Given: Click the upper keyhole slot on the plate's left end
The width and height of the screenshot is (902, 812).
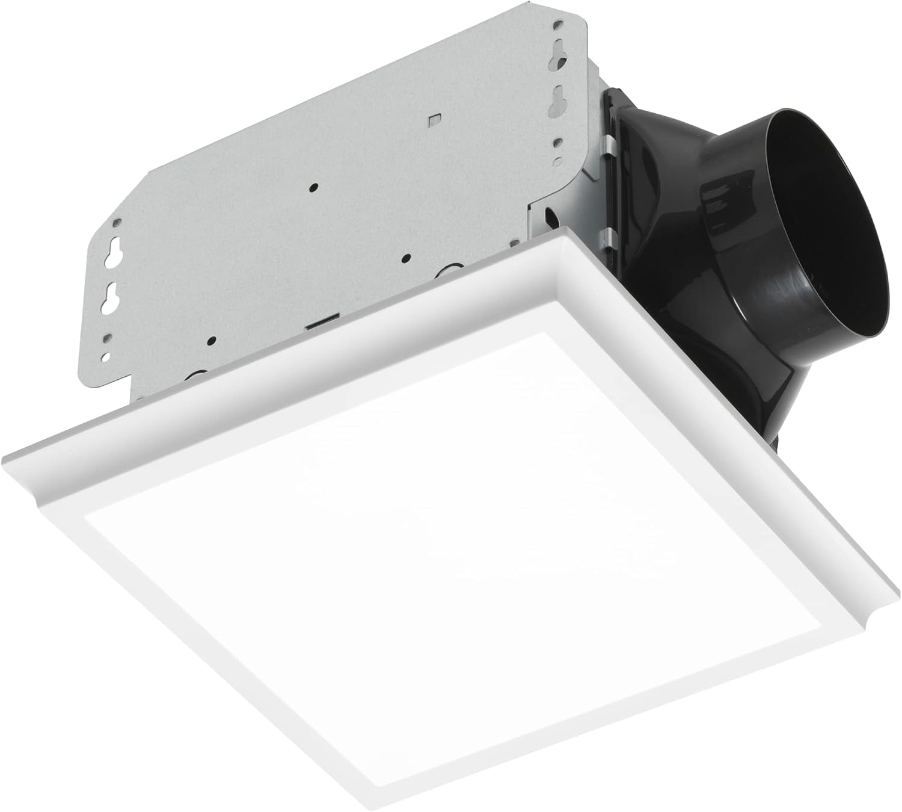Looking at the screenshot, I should click(112, 256).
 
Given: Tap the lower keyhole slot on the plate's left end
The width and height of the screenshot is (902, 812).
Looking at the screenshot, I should click(110, 297).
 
